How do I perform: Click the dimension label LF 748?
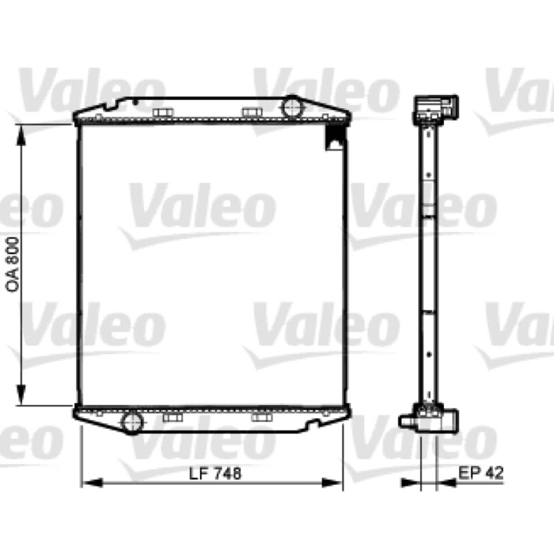[x=215, y=474]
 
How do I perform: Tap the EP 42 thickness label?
[x=481, y=472]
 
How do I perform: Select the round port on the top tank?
[x=292, y=107]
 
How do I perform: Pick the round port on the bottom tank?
[x=132, y=422]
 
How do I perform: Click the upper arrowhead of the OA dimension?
[x=21, y=134]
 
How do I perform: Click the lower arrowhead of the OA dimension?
[x=21, y=395]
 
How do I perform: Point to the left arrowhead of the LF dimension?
[x=92, y=483]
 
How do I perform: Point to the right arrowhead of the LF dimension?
[x=332, y=483]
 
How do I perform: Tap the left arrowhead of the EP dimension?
[x=411, y=483]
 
